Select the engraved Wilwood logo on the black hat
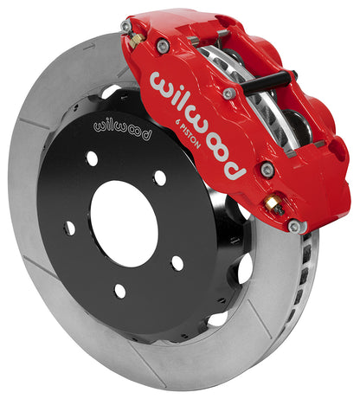click(121, 132)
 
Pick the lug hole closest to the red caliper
click(159, 177)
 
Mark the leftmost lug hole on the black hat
click(69, 228)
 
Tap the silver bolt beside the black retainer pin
click(228, 93)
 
